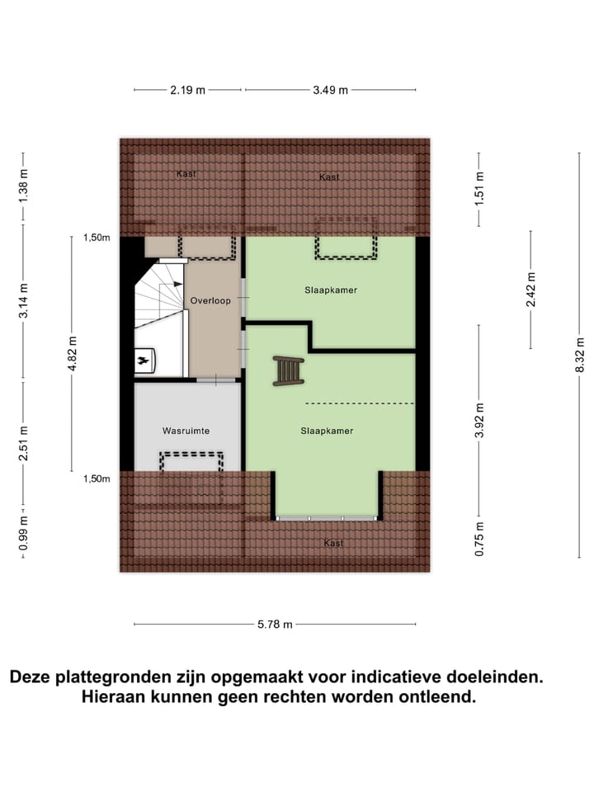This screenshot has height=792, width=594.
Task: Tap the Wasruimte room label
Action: coord(186,431)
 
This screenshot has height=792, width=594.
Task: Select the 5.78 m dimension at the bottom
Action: coord(276,625)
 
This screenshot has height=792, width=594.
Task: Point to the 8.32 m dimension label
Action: coord(580,356)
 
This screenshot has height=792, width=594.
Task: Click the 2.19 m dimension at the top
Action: coord(187,91)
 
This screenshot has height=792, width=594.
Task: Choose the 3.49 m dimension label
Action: coord(330,91)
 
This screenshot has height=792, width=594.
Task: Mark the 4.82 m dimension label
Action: coord(73,355)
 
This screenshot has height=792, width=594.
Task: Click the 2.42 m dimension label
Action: coord(530,290)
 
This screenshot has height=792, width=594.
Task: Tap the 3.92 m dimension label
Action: coord(479,421)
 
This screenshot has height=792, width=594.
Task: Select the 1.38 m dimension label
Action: coord(23,186)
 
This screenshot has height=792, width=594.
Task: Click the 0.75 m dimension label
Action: coord(479,538)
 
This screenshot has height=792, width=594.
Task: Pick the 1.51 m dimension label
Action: coord(479,187)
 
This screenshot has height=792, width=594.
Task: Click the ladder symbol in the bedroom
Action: coord(289,370)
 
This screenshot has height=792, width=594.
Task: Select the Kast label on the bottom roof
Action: coord(333,543)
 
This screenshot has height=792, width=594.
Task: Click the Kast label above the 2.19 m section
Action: coord(186,174)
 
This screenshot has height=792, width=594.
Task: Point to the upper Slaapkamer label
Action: coord(329,290)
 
